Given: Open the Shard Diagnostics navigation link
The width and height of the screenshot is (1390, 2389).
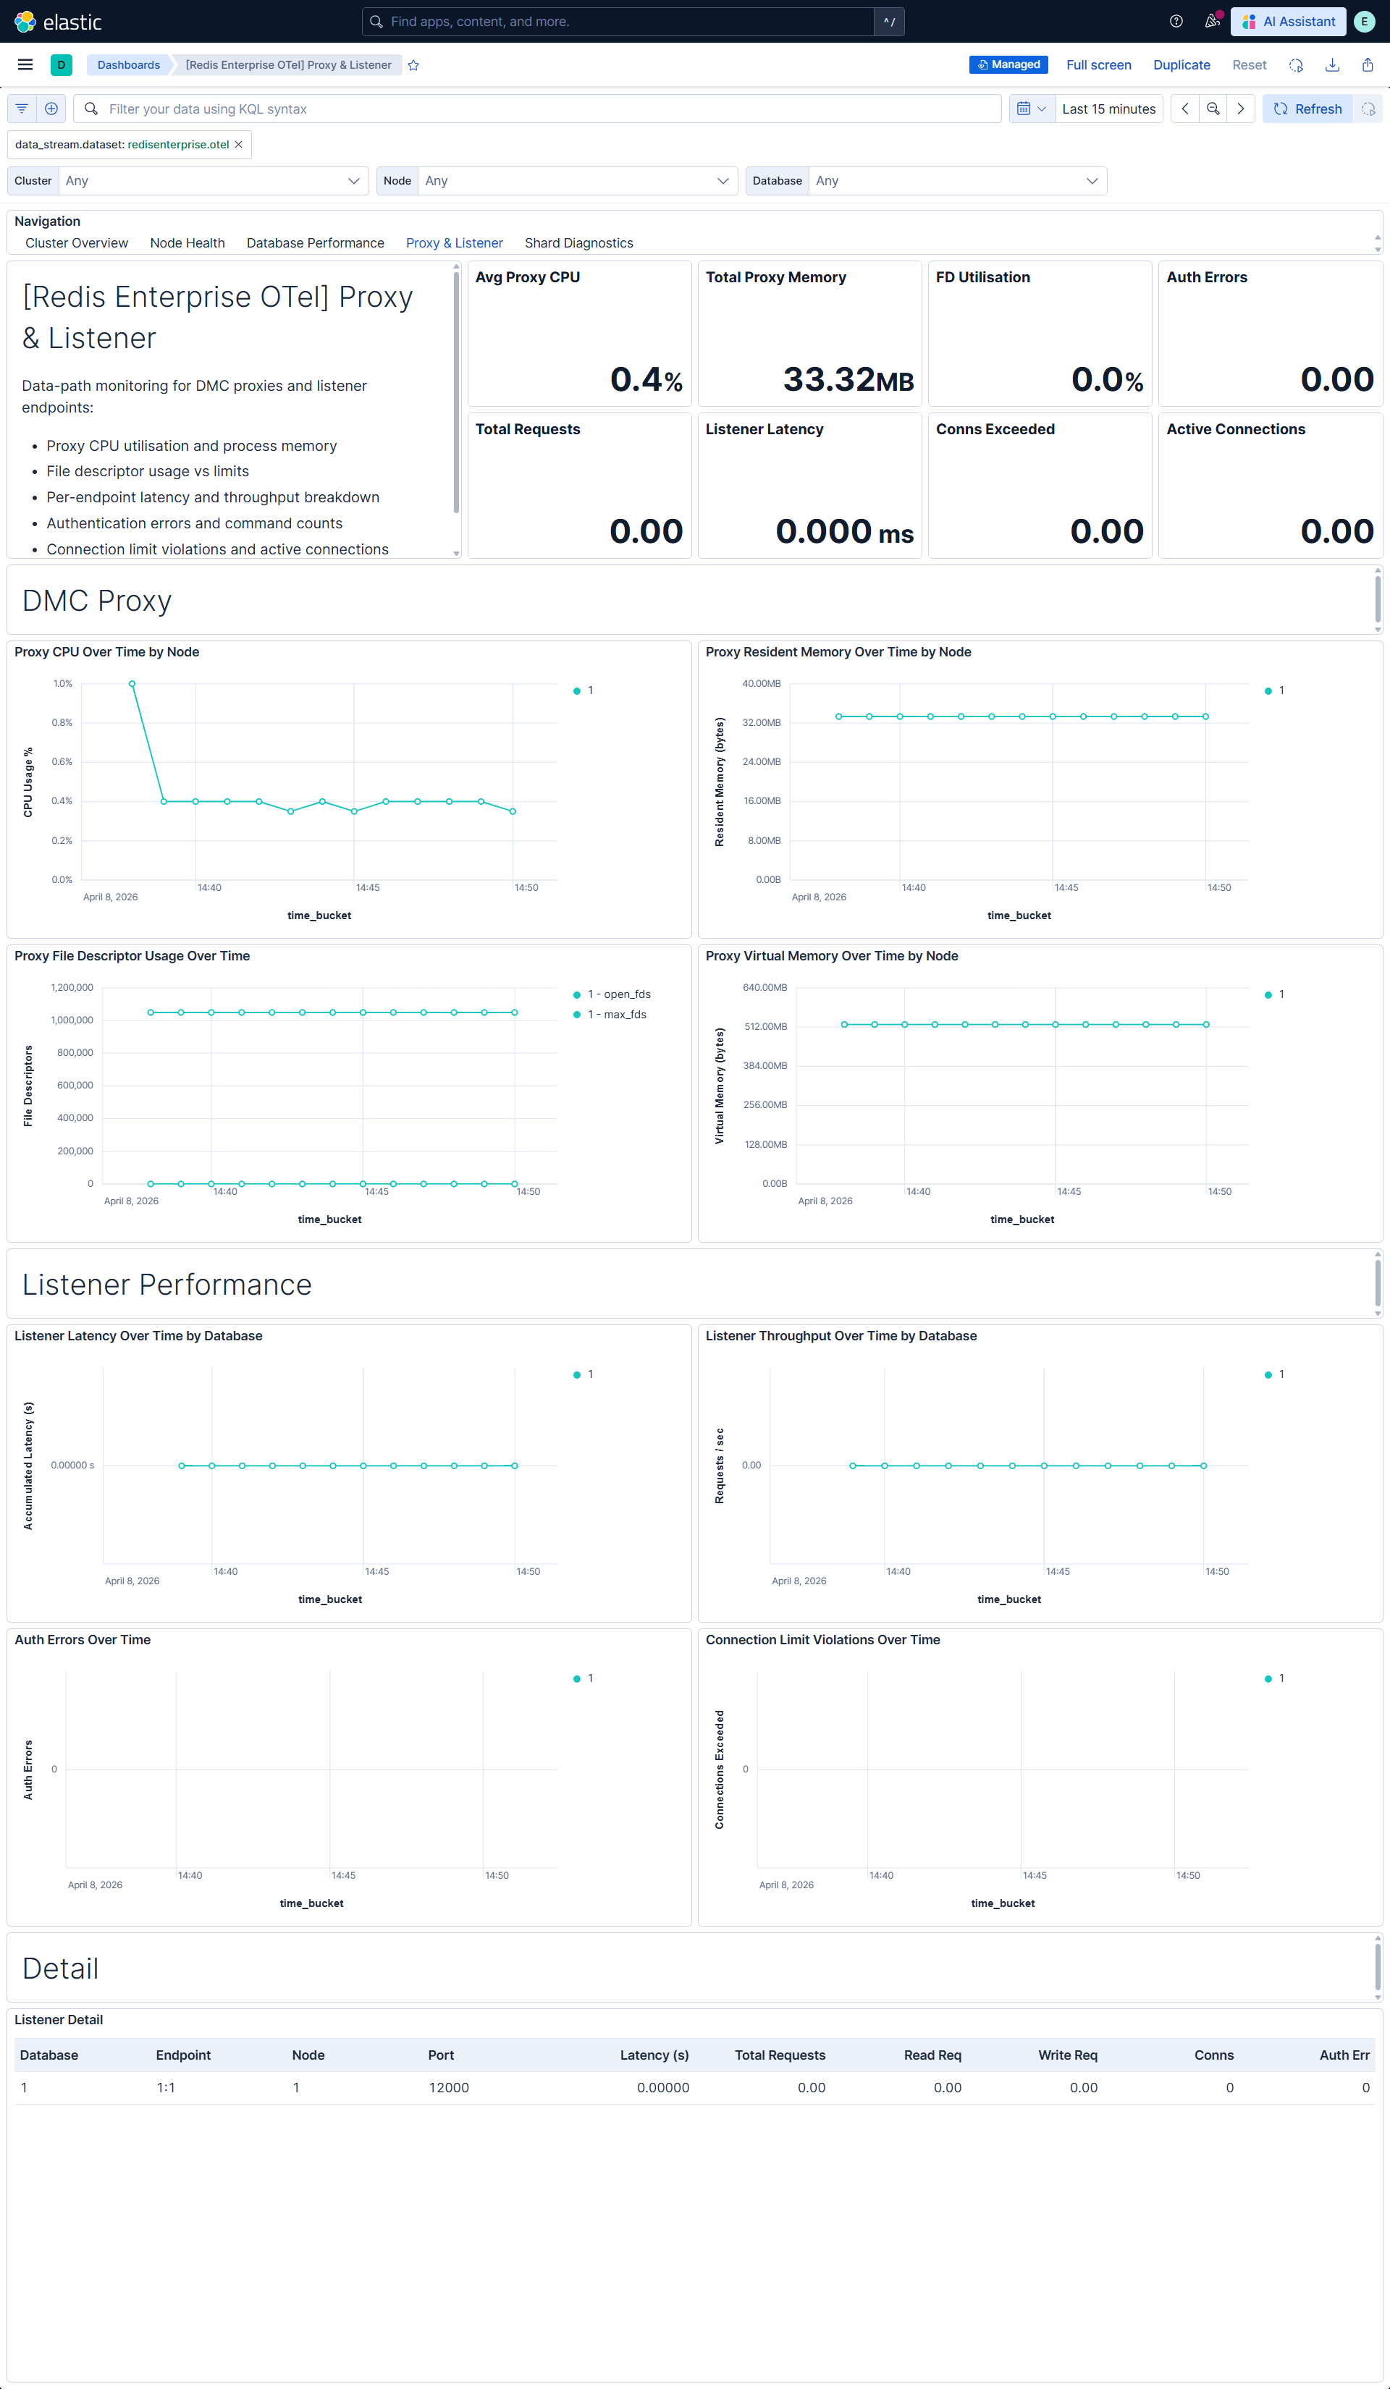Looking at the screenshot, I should click(x=578, y=242).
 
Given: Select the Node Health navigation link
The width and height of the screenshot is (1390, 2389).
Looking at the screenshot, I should click(x=187, y=242).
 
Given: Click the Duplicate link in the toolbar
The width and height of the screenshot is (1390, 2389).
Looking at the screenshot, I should click(x=1181, y=64).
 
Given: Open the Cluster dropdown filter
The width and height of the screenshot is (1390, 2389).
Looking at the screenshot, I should click(x=212, y=181).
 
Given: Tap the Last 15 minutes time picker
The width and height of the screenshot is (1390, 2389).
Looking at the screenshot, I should click(x=1108, y=109).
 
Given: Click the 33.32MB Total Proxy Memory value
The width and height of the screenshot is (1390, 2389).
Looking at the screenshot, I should click(x=847, y=379).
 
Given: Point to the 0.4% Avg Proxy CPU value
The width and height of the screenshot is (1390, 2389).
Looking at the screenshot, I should click(x=646, y=379).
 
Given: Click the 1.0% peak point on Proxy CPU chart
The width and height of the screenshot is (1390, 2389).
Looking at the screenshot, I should click(x=132, y=683).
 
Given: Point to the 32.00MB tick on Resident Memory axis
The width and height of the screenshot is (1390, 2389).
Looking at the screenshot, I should click(x=762, y=722).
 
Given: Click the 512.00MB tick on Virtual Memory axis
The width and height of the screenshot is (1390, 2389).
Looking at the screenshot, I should click(x=764, y=1027).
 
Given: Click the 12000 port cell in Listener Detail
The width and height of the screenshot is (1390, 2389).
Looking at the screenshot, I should click(x=448, y=2087).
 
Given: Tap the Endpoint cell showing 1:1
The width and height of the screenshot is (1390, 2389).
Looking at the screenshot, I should click(x=166, y=2087).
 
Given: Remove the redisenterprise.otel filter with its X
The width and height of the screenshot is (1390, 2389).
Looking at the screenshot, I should click(x=239, y=145).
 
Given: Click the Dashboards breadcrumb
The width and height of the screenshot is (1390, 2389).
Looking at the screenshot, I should click(x=129, y=64).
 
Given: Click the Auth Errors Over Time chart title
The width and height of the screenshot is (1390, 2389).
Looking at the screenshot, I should click(x=83, y=1640).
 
